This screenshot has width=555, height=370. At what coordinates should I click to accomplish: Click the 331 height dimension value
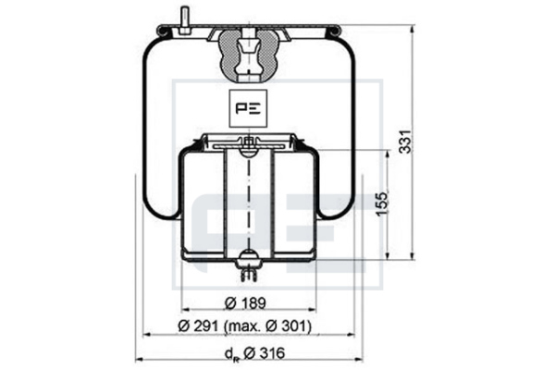pos(406,142)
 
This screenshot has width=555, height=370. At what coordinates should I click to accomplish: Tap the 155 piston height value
pos(382,203)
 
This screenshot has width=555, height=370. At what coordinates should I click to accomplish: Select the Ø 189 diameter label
pos(245,302)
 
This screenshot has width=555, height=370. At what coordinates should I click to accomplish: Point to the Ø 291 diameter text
pos(198,326)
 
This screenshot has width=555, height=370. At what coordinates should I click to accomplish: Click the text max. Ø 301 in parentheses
pos(268,327)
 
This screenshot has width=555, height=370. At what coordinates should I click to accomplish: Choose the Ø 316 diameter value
pos(265,353)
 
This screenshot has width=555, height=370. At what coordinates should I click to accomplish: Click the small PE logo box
pos(248,108)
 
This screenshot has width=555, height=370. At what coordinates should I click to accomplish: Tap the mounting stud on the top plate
pos(185,21)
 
